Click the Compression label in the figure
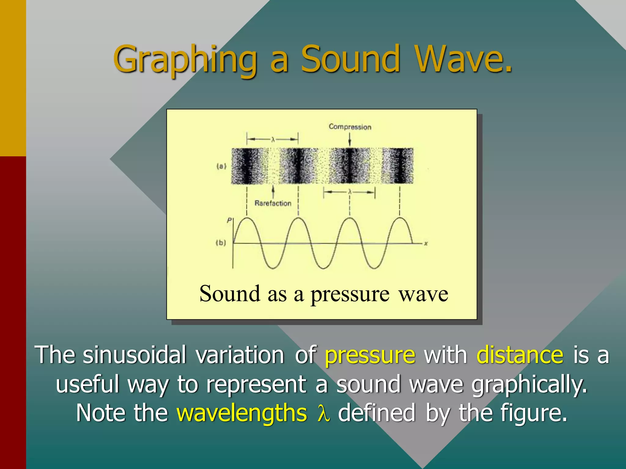(350, 127)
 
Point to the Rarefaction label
(273, 203)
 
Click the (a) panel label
(221, 166)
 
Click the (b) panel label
(221, 243)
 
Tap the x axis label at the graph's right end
(426, 244)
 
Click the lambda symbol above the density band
(273, 140)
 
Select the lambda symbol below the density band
(350, 192)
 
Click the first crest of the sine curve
(247, 218)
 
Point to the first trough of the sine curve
(273, 268)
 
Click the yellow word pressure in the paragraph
(370, 356)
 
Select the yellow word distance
(520, 355)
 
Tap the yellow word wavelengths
(242, 413)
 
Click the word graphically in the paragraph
(529, 385)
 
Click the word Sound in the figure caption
(230, 294)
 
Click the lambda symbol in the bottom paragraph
(323, 413)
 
